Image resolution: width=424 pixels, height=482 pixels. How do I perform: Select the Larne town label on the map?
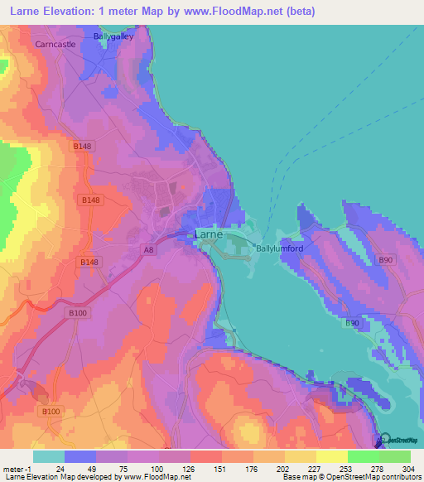tap(207, 235)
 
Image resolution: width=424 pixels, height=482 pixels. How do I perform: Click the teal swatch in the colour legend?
tap(49, 456)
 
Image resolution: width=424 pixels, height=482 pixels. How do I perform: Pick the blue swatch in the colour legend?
tap(80, 456)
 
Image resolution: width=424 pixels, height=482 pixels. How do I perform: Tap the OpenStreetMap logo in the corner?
tap(398, 439)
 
